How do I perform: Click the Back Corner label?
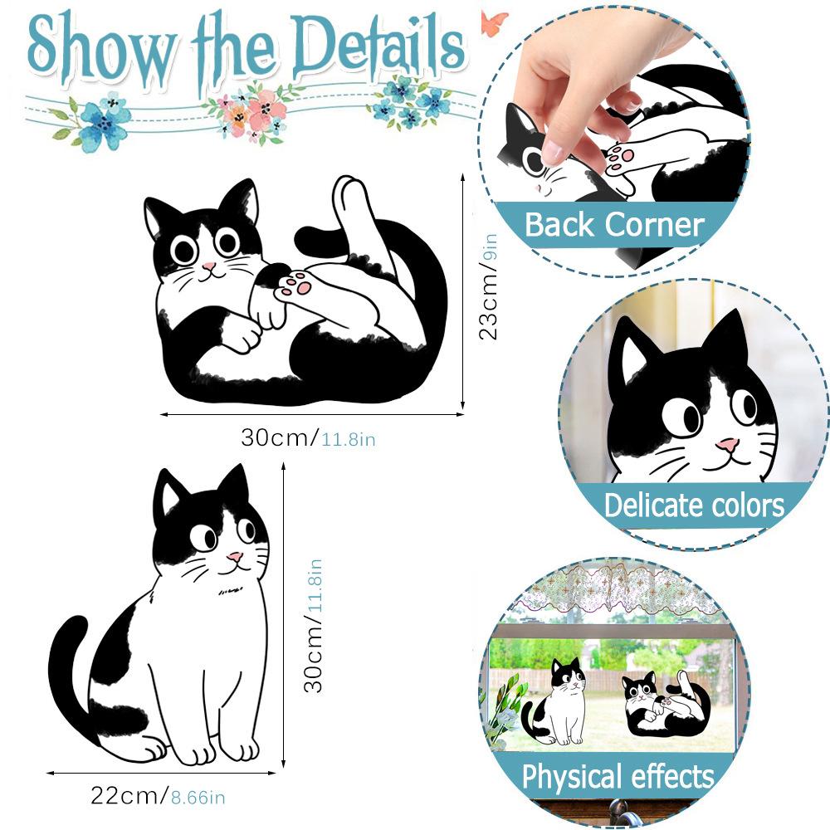(x=614, y=224)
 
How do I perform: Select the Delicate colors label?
(x=694, y=505)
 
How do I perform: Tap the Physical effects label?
(x=618, y=778)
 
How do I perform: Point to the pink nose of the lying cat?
(x=207, y=267)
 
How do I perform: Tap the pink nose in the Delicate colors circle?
(x=728, y=446)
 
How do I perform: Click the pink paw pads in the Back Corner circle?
(x=620, y=157)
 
